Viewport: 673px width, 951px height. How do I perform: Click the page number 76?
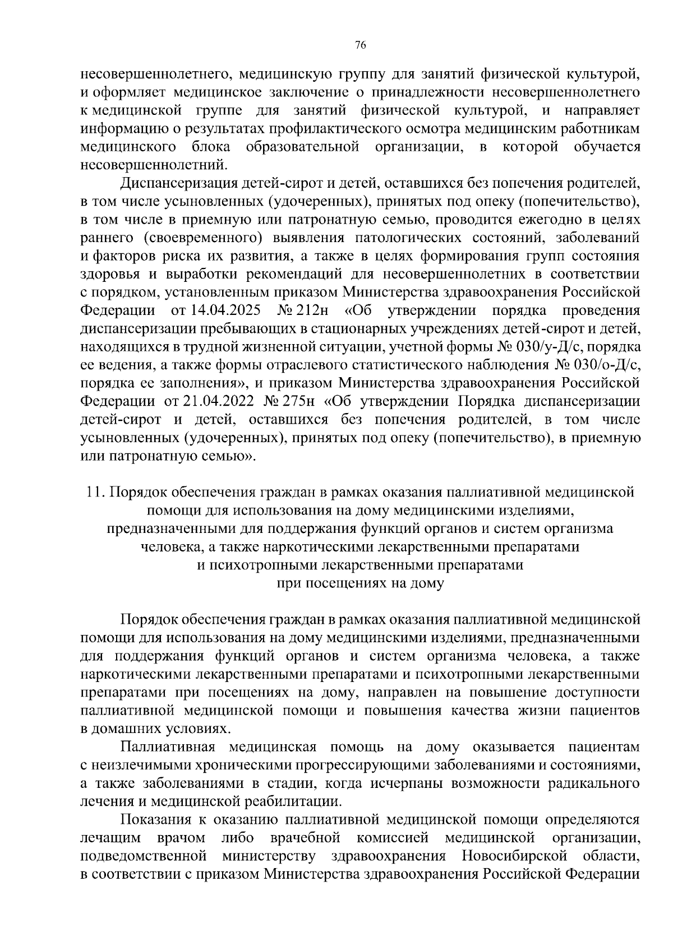[361, 46]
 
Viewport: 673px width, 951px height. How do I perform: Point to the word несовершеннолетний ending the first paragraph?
[154, 165]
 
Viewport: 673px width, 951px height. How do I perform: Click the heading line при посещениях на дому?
[361, 583]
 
